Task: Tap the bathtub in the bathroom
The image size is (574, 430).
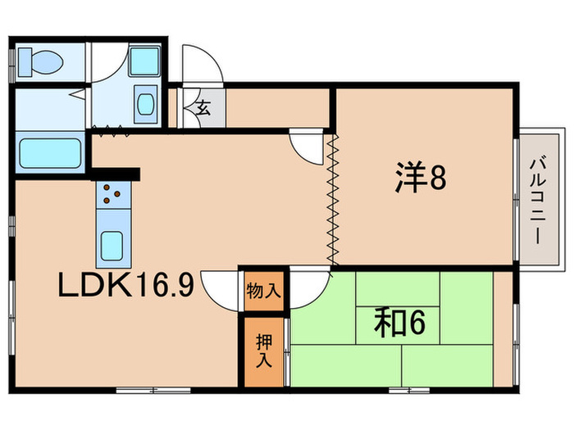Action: point(48,152)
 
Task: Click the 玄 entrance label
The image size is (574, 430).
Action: point(203,106)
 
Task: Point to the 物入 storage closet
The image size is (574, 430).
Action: point(263,290)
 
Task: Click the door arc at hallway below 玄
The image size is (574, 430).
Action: point(307,147)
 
